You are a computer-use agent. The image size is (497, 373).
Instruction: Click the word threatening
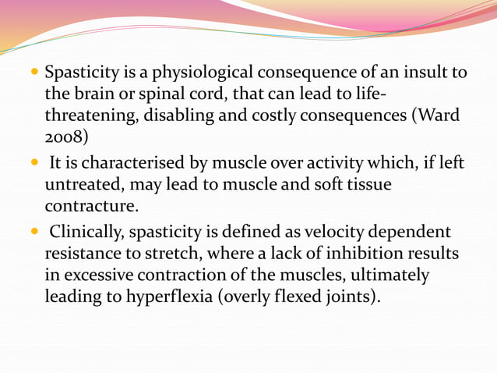coord(91,117)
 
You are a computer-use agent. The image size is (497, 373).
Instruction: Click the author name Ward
coord(438,117)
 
